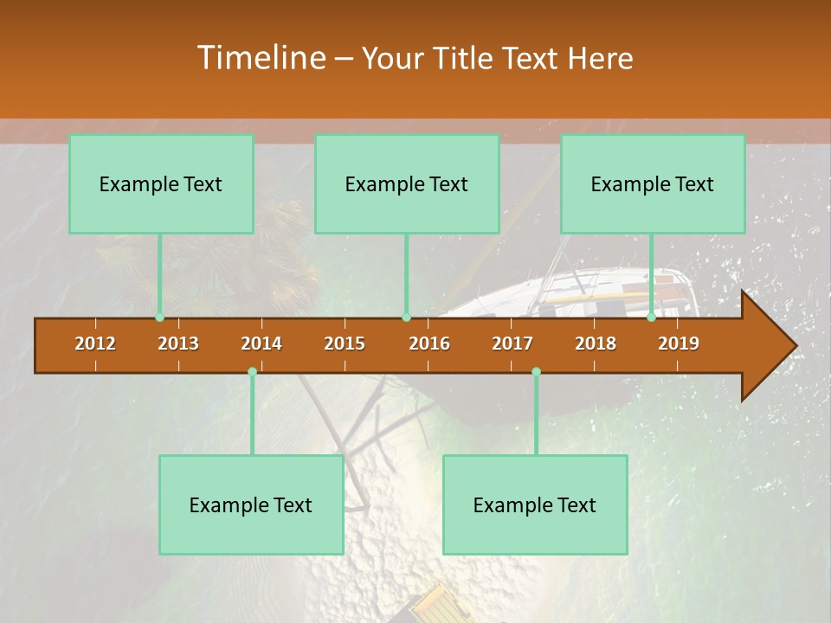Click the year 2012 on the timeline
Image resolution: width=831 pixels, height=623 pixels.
tap(95, 344)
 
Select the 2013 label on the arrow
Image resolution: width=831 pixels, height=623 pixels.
tap(178, 344)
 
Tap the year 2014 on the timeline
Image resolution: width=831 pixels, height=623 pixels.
tap(261, 344)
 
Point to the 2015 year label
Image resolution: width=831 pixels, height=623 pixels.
tap(345, 344)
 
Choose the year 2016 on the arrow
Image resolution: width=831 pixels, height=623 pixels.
tap(429, 344)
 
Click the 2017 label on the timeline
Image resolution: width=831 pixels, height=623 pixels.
tap(512, 344)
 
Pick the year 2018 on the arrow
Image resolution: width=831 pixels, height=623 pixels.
tap(596, 344)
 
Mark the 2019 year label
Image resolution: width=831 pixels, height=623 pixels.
tap(679, 344)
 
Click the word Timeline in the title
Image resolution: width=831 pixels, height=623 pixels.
tap(260, 58)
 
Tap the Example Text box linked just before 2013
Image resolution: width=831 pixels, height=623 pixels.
tap(161, 183)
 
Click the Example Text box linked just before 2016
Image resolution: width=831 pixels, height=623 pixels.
tap(407, 183)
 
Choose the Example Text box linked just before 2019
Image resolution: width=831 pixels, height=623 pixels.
tap(653, 183)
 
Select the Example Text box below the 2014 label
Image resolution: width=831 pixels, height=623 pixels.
tap(251, 504)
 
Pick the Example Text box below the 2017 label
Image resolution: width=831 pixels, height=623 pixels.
tap(535, 504)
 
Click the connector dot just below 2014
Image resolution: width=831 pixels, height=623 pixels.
tap(252, 372)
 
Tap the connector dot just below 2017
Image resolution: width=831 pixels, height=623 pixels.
tap(536, 372)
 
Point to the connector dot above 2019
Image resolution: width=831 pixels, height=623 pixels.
tap(652, 318)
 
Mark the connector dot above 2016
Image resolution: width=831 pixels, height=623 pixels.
tap(406, 318)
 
